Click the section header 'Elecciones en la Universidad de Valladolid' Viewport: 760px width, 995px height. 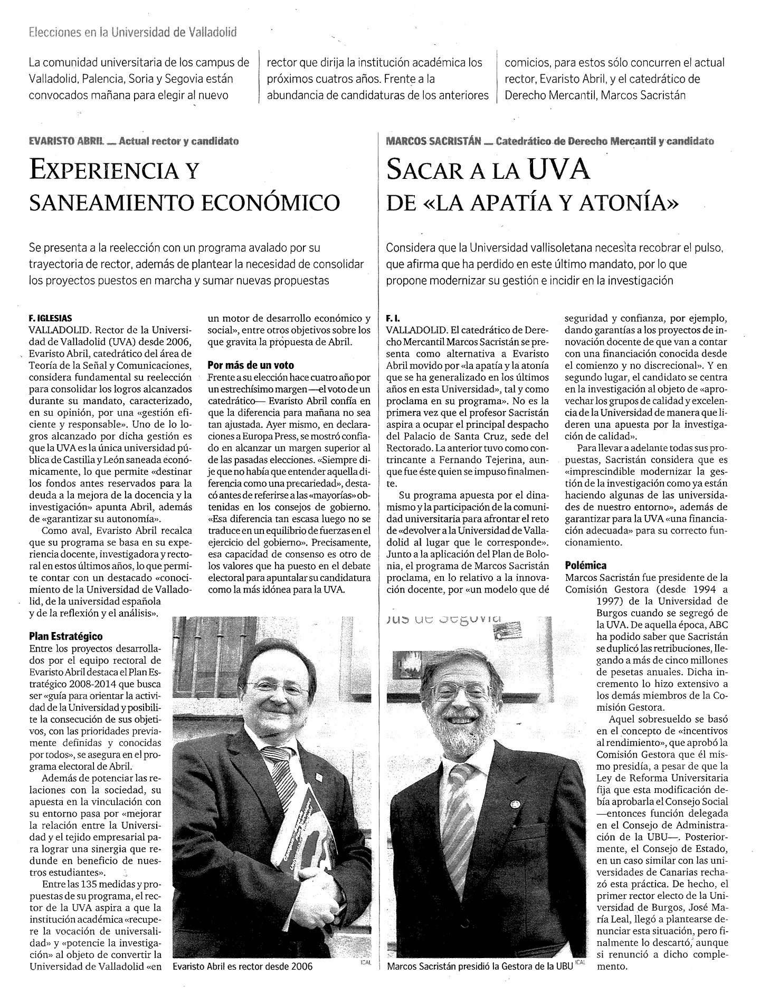coord(132,32)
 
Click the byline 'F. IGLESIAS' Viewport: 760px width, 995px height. coord(51,319)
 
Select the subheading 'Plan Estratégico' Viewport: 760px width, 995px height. coord(66,637)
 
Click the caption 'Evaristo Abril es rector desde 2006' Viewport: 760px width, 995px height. coord(243,981)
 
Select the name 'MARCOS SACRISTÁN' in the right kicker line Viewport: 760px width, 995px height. coord(433,141)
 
